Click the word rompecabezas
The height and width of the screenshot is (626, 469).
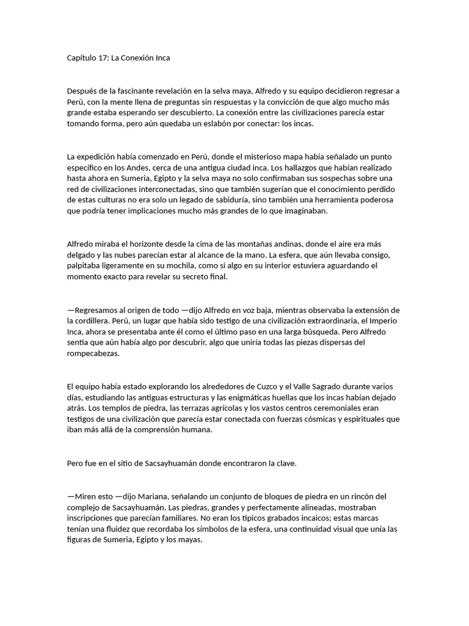pyautogui.click(x=93, y=354)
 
